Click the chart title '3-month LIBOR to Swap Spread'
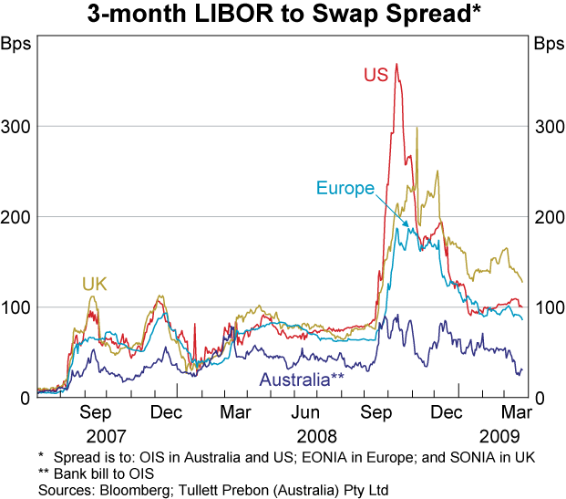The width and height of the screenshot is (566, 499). pyautogui.click(x=283, y=16)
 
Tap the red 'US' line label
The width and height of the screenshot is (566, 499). pyautogui.click(x=376, y=74)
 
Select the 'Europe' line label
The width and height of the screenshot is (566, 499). pyautogui.click(x=345, y=189)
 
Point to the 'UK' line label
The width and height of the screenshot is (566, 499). pyautogui.click(x=95, y=285)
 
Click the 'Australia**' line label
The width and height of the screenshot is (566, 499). pyautogui.click(x=302, y=380)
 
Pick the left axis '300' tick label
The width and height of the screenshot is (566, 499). pyautogui.click(x=16, y=126)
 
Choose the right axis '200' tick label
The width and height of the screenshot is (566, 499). pyautogui.click(x=548, y=217)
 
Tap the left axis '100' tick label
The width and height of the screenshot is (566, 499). pyautogui.click(x=16, y=307)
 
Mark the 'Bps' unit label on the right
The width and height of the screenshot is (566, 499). pyautogui.click(x=549, y=44)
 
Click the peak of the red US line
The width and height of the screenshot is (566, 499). pyautogui.click(x=396, y=65)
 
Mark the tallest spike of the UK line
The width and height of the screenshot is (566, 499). pyautogui.click(x=417, y=129)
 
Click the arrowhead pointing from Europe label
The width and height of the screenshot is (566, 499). pyautogui.click(x=407, y=225)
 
